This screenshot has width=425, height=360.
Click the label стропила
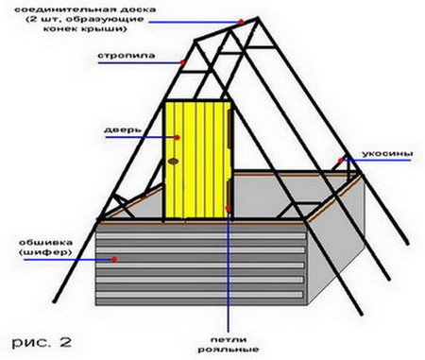pos(127,56)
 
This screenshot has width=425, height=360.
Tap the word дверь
pos(122,129)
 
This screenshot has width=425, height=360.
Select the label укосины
pos(387,154)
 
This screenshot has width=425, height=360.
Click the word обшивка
pos(45,243)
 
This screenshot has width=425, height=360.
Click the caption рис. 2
pos(42,342)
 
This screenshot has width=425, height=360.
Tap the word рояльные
pos(229,350)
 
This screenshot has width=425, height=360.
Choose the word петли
pos(229,340)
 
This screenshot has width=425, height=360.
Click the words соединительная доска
pos(85,9)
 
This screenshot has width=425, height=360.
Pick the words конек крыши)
pos(85,28)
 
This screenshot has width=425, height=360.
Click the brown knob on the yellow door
pos(173,162)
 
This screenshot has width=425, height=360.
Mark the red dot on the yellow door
pos(177,137)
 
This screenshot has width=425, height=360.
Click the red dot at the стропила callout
pos(183,62)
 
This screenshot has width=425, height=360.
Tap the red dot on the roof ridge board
pos(241,22)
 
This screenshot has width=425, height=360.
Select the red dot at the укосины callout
pos(341,161)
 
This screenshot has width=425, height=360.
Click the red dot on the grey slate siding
pos(114,259)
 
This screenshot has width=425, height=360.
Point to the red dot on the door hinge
pos(229,208)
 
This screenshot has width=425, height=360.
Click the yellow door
pos(197,159)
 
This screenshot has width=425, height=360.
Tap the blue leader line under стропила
pos(141,62)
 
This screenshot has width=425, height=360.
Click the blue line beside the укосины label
pos(376,160)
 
